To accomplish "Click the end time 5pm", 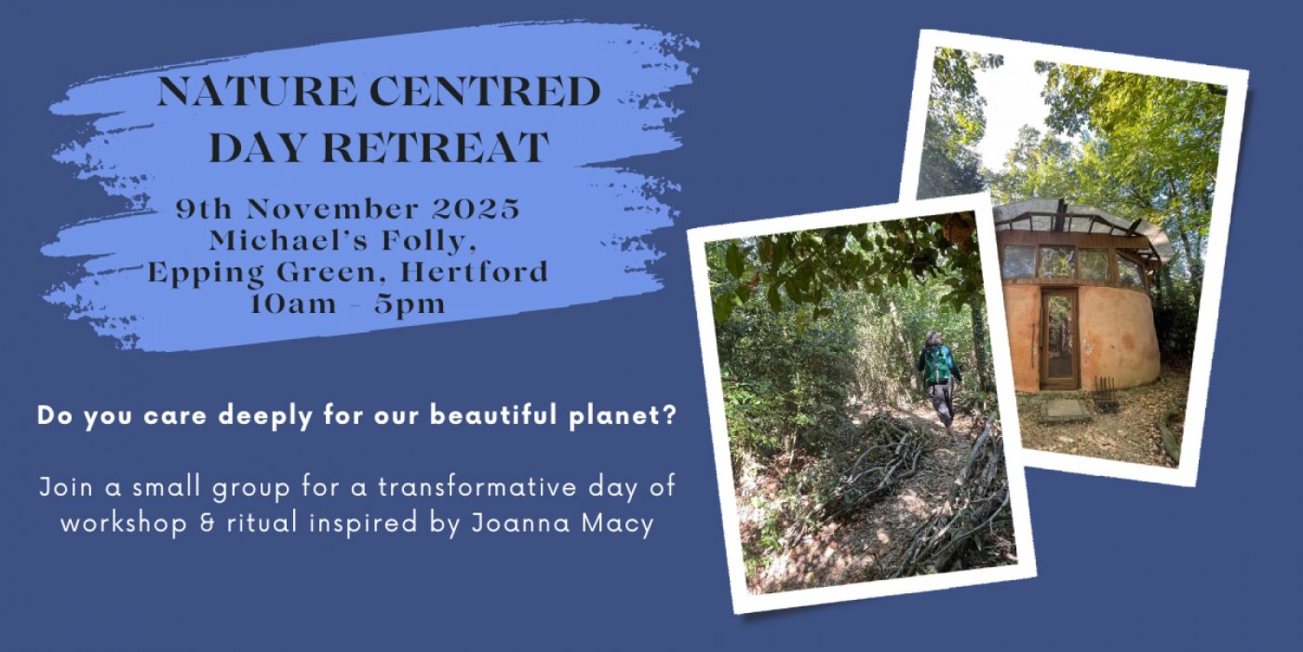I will pos(414,304).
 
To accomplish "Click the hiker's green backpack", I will pos(937,364).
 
